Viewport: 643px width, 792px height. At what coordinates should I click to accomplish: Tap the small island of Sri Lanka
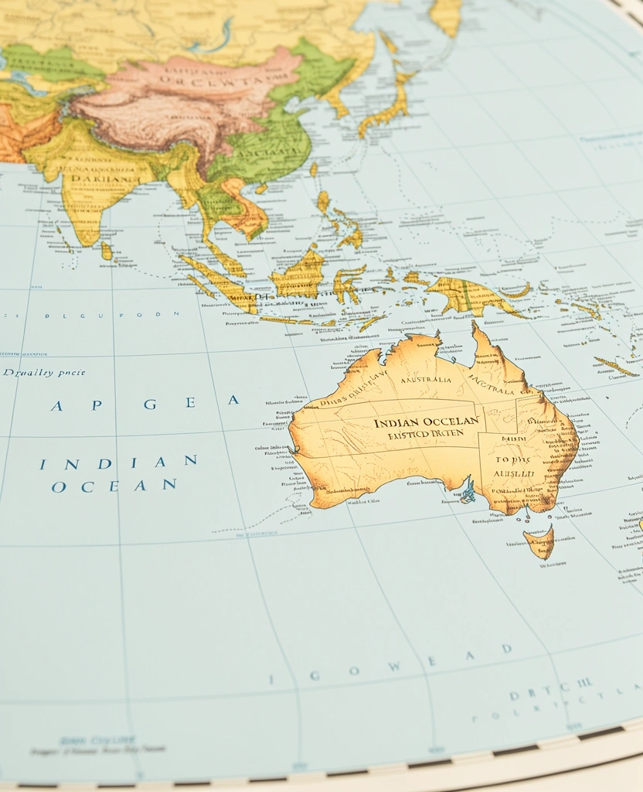point(106,250)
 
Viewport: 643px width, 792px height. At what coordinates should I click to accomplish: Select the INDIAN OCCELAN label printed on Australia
point(427,422)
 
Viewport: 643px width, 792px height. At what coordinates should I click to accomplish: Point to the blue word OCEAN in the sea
point(114,486)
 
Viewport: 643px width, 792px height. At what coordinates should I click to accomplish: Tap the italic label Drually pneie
point(43,373)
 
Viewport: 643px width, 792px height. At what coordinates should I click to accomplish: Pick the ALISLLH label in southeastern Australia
point(509,472)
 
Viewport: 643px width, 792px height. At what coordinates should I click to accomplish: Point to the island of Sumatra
point(219,283)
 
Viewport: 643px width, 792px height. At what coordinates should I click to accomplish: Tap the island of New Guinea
point(471,296)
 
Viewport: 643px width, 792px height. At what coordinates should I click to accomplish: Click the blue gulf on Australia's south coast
point(468,490)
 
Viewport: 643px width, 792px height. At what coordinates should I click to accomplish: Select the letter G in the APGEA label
point(150,404)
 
